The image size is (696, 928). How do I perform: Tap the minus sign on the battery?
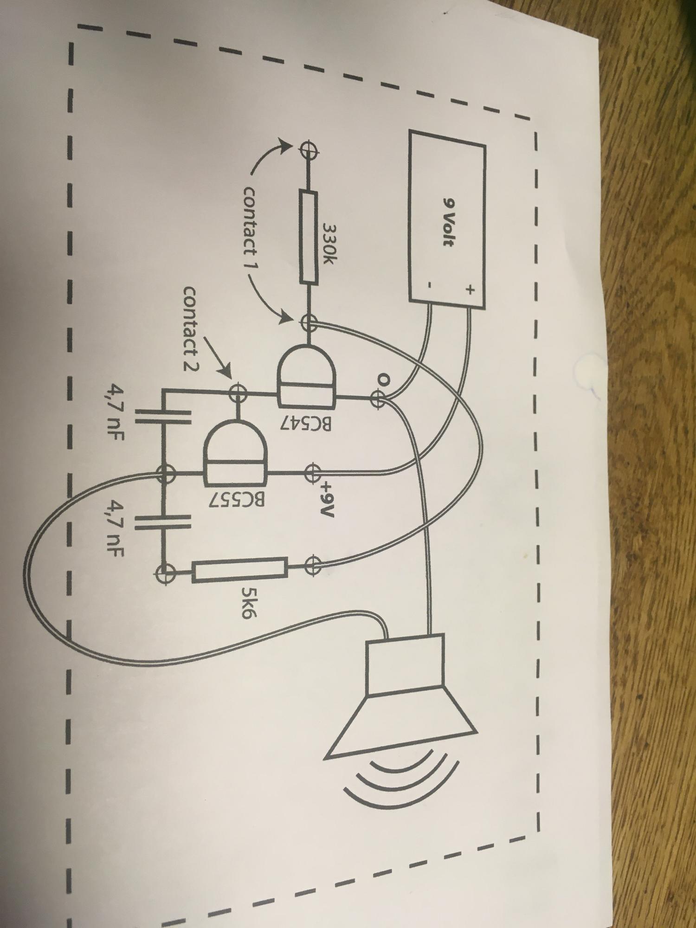430,286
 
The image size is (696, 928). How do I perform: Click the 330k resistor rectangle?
308,237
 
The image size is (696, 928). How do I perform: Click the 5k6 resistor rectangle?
240,571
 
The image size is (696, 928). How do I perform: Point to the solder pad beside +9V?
313,472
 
